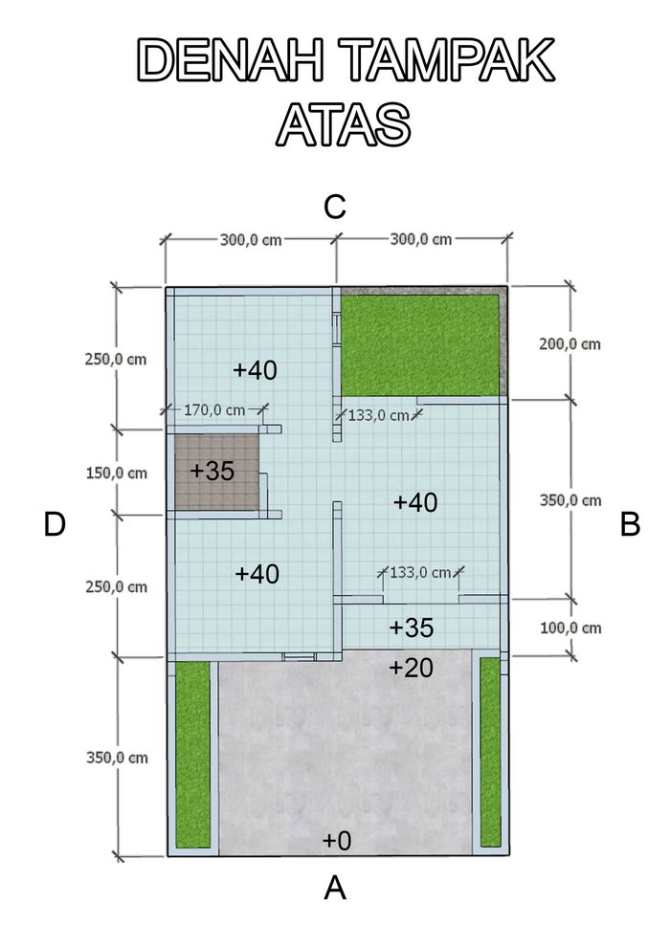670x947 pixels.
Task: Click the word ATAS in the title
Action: (x=344, y=123)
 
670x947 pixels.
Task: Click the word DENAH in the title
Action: (x=231, y=60)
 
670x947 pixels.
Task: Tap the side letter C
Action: (x=334, y=208)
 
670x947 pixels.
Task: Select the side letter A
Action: (x=335, y=889)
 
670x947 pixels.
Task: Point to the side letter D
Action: (x=55, y=524)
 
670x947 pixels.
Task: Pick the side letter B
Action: (x=630, y=524)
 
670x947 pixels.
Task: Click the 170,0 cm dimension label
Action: (x=214, y=410)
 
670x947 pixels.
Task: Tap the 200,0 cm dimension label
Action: (x=569, y=344)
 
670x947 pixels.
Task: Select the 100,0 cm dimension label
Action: (x=570, y=628)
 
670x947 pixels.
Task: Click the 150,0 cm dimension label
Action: (x=116, y=473)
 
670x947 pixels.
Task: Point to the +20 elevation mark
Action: (x=411, y=668)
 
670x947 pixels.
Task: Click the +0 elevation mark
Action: (x=337, y=840)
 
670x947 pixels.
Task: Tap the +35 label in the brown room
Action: (x=212, y=471)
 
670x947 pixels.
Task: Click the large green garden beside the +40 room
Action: (x=420, y=345)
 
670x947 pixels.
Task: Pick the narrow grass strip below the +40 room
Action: (x=192, y=754)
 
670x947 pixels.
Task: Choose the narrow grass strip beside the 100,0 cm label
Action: (x=490, y=752)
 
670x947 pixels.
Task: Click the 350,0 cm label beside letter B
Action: (x=570, y=500)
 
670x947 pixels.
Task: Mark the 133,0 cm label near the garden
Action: (x=378, y=415)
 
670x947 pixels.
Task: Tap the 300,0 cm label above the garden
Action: (x=420, y=239)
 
